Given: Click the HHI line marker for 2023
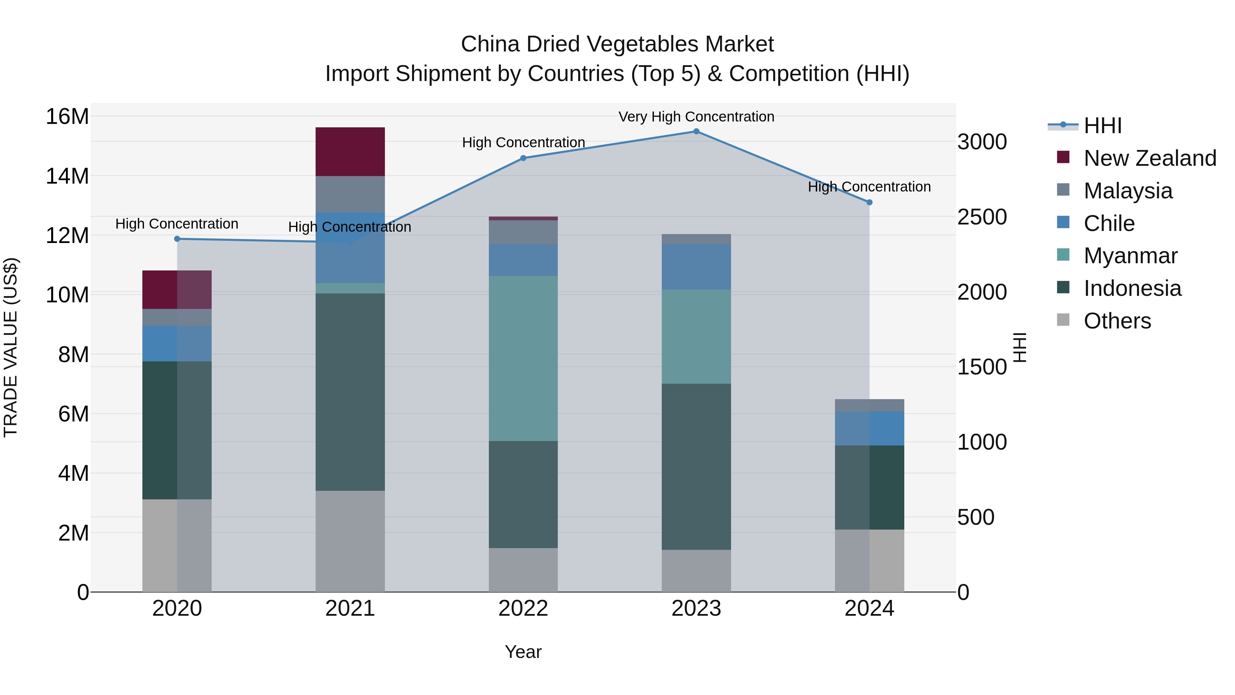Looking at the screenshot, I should [696, 131].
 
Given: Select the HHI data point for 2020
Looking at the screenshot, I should [177, 239].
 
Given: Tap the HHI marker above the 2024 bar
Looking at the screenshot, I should [869, 202].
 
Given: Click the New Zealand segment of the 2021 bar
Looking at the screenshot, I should [350, 152].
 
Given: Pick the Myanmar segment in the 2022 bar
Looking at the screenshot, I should [523, 358].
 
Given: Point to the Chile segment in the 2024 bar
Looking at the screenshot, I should [869, 428].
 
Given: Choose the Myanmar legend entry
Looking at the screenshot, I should [1130, 256].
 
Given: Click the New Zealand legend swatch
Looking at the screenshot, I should [1063, 157].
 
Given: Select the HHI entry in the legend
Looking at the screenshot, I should [1102, 126].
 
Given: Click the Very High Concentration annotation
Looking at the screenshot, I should [696, 117].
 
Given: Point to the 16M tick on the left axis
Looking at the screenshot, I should [67, 117].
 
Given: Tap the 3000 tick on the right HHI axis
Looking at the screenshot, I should [982, 142].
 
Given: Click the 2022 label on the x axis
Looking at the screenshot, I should [523, 609].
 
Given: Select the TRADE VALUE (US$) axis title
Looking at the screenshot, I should [11, 347].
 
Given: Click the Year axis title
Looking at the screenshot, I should [523, 652].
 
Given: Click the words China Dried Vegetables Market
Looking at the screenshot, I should [617, 44].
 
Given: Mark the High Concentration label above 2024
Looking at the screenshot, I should [869, 187].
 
